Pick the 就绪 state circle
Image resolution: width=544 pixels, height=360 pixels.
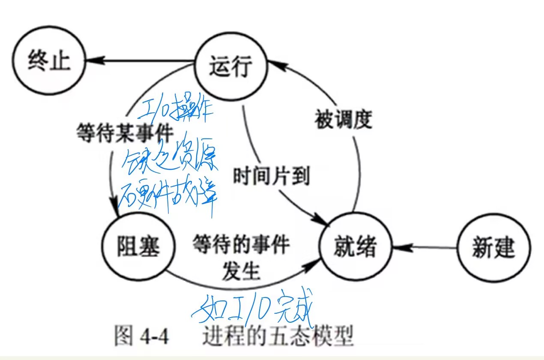click(356, 247)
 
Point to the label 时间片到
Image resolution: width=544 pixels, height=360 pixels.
click(271, 176)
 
